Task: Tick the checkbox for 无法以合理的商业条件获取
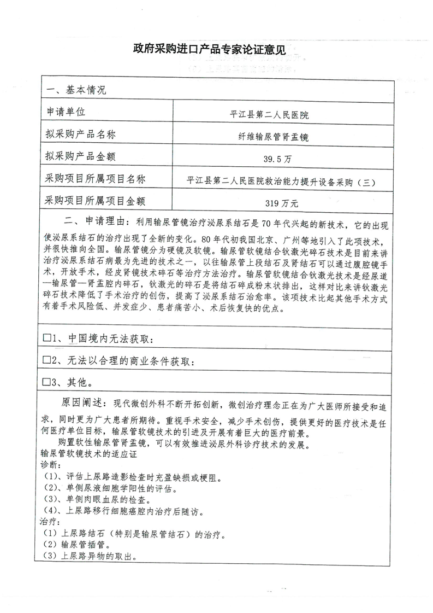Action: coord(46,360)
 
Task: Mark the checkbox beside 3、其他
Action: coord(46,381)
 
